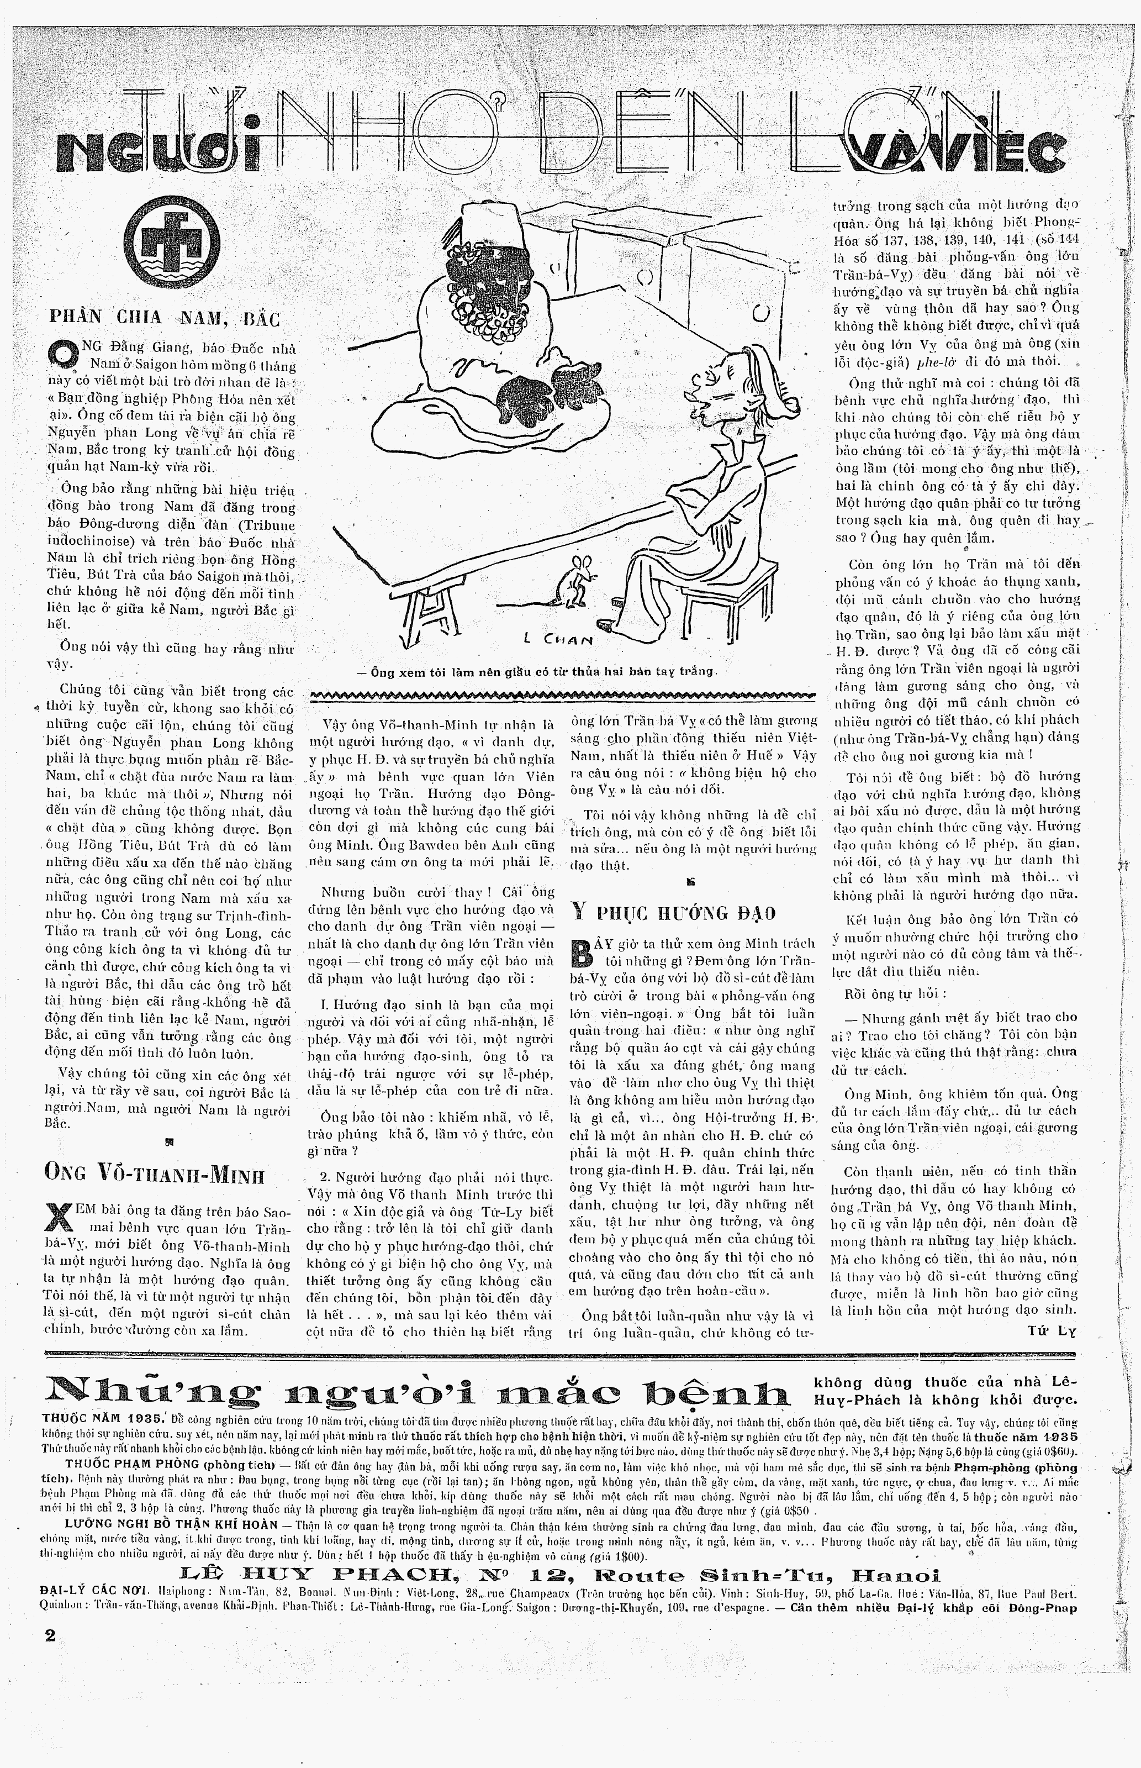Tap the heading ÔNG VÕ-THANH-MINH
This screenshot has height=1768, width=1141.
click(x=154, y=1173)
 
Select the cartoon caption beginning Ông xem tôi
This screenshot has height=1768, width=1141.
click(x=537, y=671)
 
